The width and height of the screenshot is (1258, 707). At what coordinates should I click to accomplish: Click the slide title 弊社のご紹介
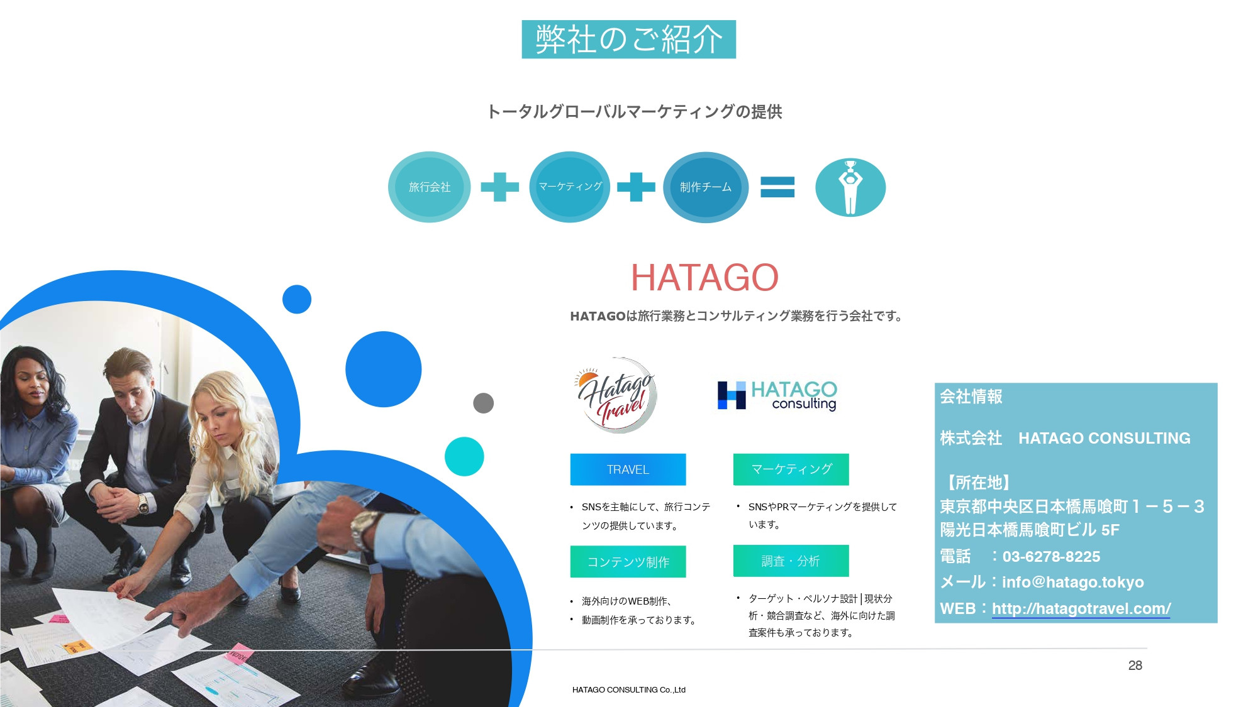pos(628,40)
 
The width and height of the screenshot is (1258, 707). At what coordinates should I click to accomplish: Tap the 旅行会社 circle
pos(429,187)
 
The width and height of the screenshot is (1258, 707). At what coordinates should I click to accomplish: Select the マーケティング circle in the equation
pos(570,187)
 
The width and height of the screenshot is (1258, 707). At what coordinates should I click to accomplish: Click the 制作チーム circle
pos(705,187)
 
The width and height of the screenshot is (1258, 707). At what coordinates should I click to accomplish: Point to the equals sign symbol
pos(777,187)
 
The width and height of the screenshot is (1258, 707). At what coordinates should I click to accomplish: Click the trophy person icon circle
pos(850,187)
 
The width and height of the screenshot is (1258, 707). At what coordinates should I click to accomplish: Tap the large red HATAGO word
pos(704,277)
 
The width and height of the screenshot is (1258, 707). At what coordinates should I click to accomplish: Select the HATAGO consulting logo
pos(777,395)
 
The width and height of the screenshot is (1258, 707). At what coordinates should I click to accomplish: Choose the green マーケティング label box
pos(791,469)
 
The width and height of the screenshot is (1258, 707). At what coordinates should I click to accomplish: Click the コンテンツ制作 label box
pos(628,561)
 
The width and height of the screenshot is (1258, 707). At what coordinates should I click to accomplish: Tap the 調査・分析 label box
pos(791,561)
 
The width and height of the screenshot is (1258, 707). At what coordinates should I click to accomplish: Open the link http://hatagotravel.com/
pos(1081,608)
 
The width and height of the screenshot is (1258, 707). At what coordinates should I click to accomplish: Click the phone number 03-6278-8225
pos(1051,557)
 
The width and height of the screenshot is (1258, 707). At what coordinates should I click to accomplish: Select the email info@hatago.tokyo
pos(1072,582)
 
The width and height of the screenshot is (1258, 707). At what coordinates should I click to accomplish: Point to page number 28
pos(1135,666)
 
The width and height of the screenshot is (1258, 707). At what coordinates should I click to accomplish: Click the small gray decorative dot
pos(483,403)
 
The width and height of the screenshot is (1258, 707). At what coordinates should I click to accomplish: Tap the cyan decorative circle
pos(464,456)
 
